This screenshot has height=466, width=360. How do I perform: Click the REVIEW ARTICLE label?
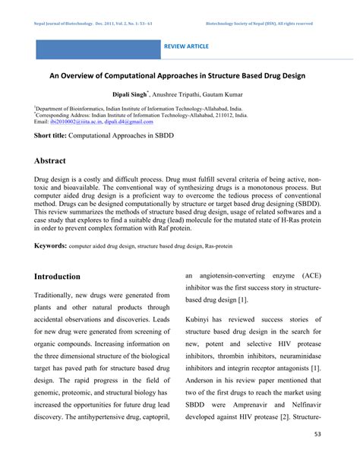point(185,46)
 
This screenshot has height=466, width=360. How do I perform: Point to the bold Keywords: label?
point(50,247)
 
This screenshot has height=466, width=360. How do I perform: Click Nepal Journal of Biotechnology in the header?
point(70,24)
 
